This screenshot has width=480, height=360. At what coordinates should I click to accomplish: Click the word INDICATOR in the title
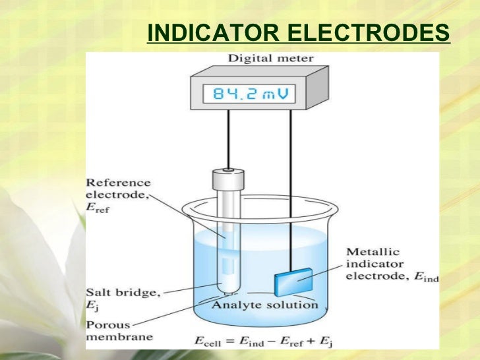click(205, 32)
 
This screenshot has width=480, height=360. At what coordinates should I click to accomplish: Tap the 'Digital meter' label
click(270, 58)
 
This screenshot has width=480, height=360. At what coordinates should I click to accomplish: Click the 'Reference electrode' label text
click(119, 189)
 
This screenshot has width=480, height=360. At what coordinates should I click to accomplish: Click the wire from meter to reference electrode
click(227, 138)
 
